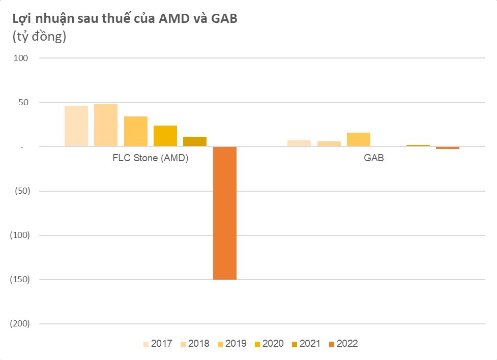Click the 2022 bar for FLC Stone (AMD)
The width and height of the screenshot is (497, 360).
coord(224,213)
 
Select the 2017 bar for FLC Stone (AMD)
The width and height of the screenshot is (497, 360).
coord(76,126)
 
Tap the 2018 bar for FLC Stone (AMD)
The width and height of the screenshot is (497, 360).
coord(106,125)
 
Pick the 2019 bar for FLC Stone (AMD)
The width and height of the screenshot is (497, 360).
coord(135,132)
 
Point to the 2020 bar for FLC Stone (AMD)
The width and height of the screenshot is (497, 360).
coord(165,136)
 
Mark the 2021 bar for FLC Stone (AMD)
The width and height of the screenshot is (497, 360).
coord(195,141)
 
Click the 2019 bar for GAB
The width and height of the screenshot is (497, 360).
coord(358,139)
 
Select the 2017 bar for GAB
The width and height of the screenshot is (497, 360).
coord(299,143)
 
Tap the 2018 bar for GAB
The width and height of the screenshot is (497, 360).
coord(329,144)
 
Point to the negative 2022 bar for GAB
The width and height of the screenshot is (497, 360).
coord(448,148)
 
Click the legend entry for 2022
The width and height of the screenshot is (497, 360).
coord(343,344)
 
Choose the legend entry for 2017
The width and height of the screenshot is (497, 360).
coord(158,344)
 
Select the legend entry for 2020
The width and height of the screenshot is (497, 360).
coord(269,344)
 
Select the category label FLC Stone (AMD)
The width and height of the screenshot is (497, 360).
coord(150,158)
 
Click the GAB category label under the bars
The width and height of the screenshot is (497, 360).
coord(373,158)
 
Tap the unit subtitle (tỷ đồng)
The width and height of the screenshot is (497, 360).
coord(35,38)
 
